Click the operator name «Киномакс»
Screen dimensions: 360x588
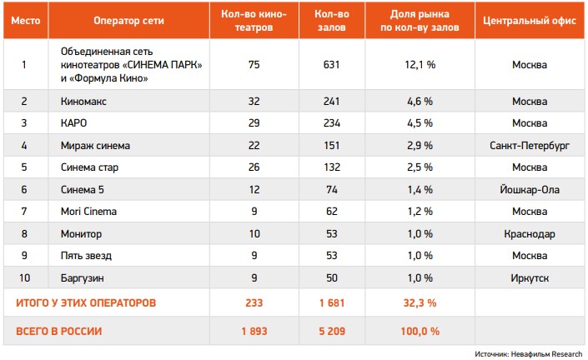pos(83,101)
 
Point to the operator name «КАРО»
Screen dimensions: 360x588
pos(74,123)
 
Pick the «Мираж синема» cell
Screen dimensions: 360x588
pos(95,146)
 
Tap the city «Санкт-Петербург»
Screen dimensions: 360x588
pos(530,146)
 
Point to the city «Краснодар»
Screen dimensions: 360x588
pos(530,234)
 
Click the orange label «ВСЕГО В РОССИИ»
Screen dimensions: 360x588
pos(59,331)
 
